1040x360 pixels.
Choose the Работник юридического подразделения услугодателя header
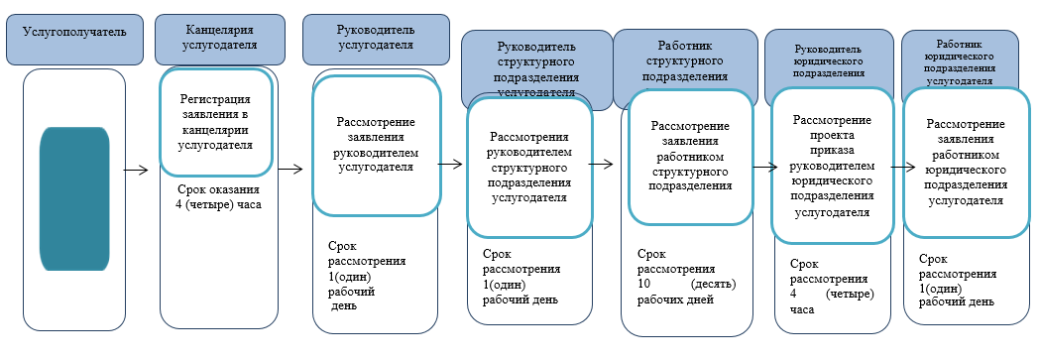[959, 62]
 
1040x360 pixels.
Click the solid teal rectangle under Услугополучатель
[74, 199]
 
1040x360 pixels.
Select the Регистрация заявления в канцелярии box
[215, 121]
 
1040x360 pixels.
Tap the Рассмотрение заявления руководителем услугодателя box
[376, 145]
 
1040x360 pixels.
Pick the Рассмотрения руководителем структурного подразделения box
[529, 168]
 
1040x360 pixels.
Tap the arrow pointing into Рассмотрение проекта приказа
[763, 168]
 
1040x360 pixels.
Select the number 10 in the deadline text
[643, 285]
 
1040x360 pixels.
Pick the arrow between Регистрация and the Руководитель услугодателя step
[290, 169]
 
